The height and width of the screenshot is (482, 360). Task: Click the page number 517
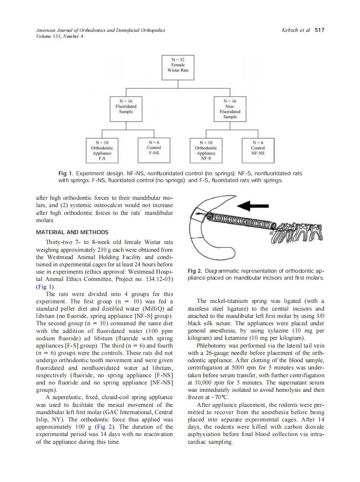point(319,30)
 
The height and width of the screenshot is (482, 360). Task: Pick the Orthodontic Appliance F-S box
point(102,150)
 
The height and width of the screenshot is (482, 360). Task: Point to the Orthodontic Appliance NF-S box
point(206,150)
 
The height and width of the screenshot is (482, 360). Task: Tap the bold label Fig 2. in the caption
point(195,271)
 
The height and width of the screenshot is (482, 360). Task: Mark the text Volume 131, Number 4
point(60,36)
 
